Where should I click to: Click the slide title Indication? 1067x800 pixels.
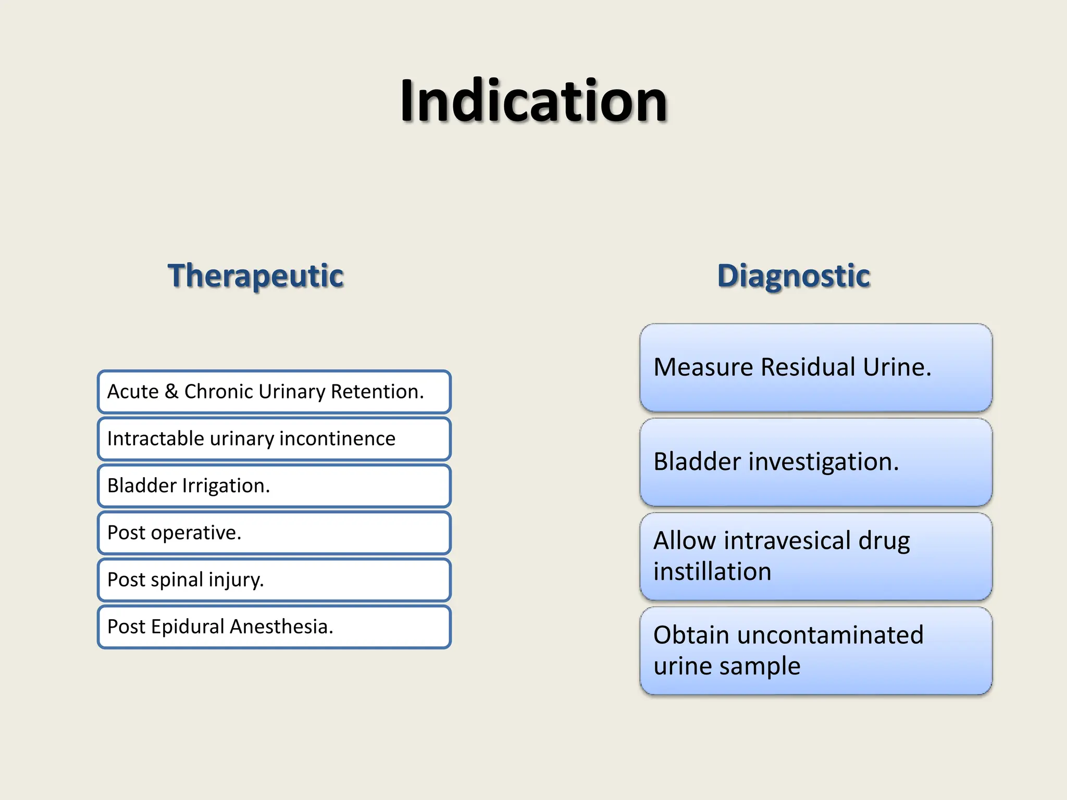tap(533, 101)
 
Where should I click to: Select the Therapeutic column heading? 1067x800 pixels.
tap(255, 276)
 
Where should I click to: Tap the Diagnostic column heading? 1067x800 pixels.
tap(793, 276)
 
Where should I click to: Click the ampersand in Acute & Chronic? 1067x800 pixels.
tap(171, 391)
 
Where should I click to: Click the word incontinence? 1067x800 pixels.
tap(337, 439)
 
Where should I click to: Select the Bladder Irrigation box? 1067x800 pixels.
tap(274, 485)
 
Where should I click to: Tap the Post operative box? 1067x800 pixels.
tap(274, 533)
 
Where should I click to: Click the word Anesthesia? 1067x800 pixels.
tap(281, 627)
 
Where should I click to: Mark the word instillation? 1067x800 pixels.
tap(712, 572)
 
